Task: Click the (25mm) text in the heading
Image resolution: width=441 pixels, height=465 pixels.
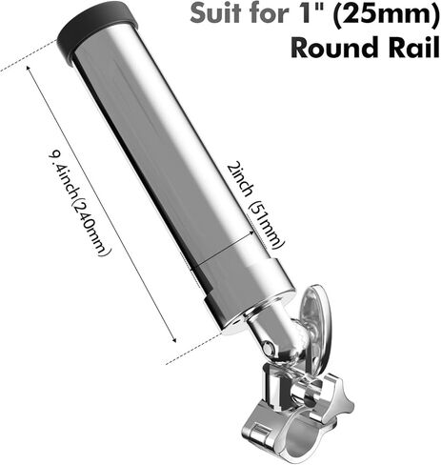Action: coord(383,14)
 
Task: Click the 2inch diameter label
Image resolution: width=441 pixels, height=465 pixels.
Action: coord(240,180)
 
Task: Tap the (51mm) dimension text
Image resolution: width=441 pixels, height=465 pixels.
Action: coord(266,225)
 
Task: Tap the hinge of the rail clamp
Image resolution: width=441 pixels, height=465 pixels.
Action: coord(258,432)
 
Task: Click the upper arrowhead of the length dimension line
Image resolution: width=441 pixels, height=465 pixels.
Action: coord(30,68)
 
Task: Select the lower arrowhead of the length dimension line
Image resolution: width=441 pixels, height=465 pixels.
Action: coord(174,340)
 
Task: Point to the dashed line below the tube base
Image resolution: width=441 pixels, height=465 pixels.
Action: coord(193,349)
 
